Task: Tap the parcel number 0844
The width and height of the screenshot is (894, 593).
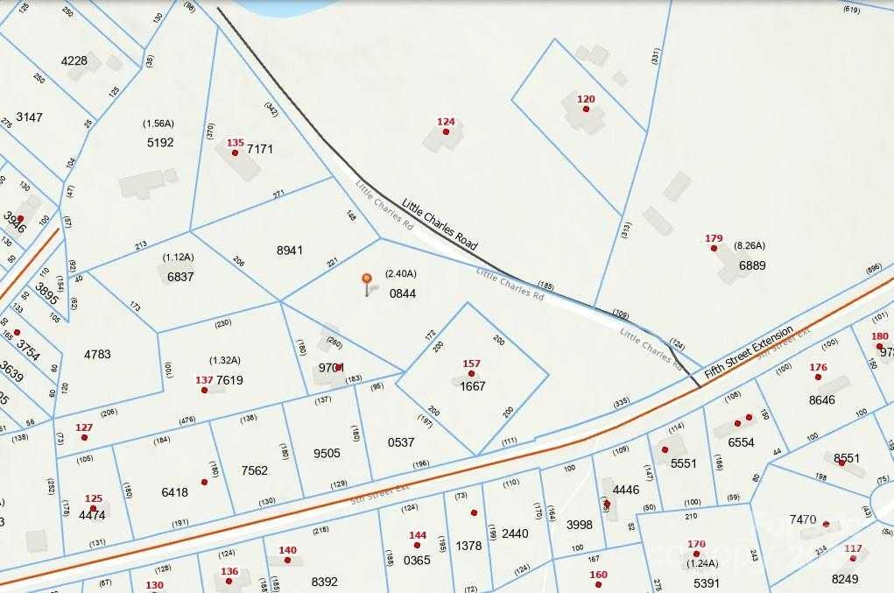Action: [x=403, y=293]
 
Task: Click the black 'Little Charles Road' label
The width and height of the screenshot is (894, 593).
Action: [x=440, y=223]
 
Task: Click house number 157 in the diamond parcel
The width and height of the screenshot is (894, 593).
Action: [x=471, y=364]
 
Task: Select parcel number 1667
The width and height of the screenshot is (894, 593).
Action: [x=472, y=385]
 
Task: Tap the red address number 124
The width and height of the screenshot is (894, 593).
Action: [x=446, y=122]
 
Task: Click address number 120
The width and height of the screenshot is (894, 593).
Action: [x=586, y=99]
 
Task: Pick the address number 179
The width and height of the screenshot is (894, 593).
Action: [x=714, y=238]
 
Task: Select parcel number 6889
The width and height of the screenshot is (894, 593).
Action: [x=752, y=265]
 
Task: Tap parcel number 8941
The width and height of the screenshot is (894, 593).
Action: [x=289, y=251]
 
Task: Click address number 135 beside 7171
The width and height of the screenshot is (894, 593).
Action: [x=235, y=142]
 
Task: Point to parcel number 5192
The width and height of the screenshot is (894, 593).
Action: [x=160, y=142]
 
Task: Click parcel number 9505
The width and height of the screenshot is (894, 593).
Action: [x=327, y=454]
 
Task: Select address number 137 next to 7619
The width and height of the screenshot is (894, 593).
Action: [x=204, y=380]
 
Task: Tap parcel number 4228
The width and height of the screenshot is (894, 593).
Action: [x=74, y=60]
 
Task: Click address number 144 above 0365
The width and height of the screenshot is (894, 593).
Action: [x=418, y=534]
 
